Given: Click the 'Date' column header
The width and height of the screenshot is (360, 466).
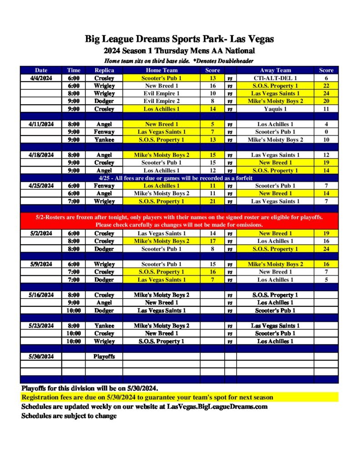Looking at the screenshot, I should point(41,70).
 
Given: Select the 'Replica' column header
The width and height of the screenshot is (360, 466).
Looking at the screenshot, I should point(104,70).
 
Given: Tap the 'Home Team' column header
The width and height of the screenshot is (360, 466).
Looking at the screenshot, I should point(162,70).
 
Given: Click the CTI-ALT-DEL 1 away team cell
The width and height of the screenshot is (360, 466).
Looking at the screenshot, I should point(275,78).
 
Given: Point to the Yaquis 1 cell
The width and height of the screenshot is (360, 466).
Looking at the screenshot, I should point(275,109).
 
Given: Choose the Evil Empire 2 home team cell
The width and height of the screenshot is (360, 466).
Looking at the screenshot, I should point(162,101).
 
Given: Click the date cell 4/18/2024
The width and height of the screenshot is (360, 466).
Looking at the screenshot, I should point(41,155).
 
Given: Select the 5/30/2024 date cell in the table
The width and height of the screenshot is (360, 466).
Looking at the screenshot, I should point(41,356).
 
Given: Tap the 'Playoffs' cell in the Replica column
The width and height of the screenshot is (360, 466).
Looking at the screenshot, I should point(104,356).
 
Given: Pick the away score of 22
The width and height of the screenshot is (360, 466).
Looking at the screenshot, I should point(326,86).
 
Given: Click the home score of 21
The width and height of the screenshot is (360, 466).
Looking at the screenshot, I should point(213,201).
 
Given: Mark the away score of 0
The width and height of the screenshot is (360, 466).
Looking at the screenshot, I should point(326,132).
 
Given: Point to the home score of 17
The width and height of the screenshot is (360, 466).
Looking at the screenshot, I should point(213,241).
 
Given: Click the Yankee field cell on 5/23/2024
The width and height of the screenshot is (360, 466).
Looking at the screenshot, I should point(104,325).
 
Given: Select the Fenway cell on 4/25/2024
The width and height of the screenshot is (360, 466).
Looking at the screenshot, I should point(104,186).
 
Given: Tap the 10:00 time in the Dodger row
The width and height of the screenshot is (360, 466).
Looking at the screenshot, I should point(74,310).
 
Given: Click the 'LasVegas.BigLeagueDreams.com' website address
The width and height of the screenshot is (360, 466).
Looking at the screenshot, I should point(217,406).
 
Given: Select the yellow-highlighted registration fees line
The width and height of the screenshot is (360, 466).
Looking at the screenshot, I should point(147,397).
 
